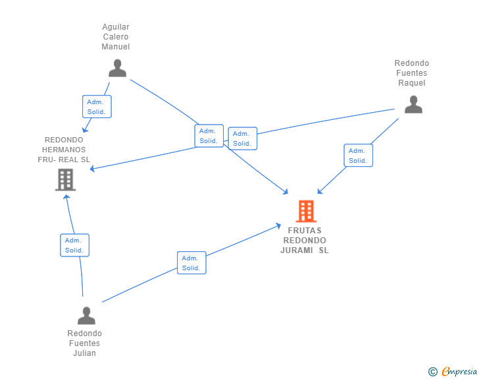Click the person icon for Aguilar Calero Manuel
tap(117, 68)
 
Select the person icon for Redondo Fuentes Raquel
tap(413, 104)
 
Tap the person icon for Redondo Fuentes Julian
tap(86, 316)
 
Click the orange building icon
tap(306, 211)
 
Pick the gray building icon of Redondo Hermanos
tap(65, 180)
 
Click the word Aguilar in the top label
tap(116, 27)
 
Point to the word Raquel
tap(411, 83)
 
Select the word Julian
tap(85, 353)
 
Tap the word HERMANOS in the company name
tap(64, 150)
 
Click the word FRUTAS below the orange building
tap(305, 230)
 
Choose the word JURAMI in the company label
tap(297, 250)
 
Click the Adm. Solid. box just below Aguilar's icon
tap(97, 107)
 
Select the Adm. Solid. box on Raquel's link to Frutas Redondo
tap(359, 155)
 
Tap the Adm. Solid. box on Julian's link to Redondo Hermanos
tap(74, 245)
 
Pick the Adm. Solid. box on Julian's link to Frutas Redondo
tap(191, 263)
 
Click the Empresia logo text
tap(459, 372)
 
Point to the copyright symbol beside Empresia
tap(433, 372)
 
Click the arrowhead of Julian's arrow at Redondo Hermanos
tap(66, 197)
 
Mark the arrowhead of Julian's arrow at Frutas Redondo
tap(278, 225)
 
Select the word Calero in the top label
tap(116, 37)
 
